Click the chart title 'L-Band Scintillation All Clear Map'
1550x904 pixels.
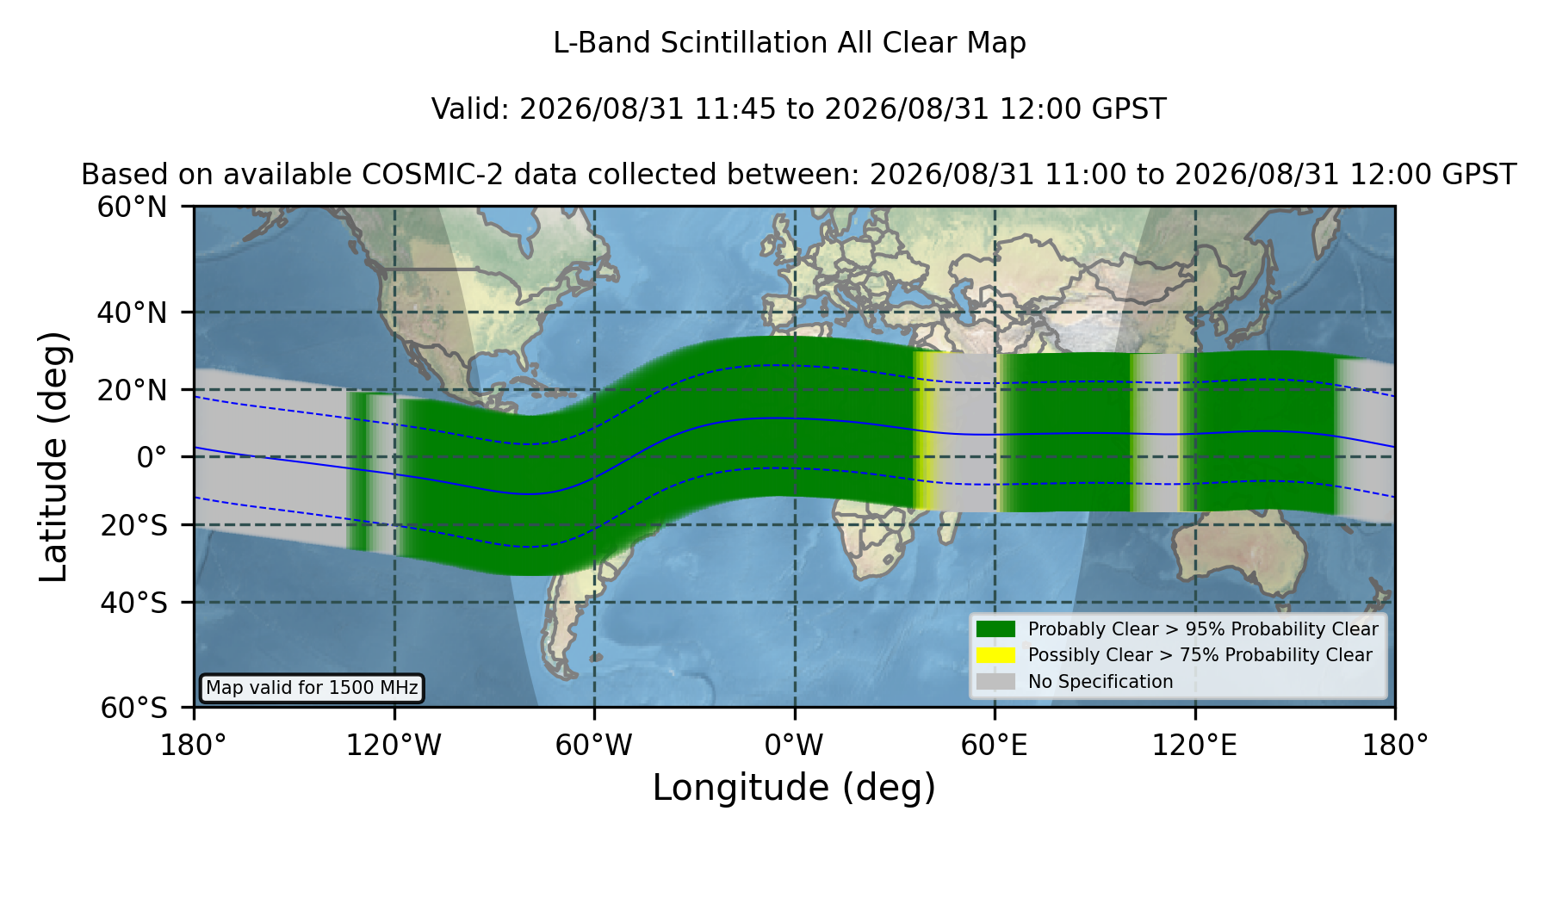tap(789, 43)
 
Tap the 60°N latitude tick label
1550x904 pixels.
tap(133, 207)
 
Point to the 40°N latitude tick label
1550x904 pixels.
tap(133, 313)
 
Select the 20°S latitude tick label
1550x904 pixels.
tap(134, 525)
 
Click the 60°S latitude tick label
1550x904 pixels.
tap(134, 709)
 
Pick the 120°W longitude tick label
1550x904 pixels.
tap(394, 746)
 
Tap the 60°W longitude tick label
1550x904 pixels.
tap(593, 746)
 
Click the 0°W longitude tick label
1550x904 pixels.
tap(794, 746)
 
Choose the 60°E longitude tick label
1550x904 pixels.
tap(995, 746)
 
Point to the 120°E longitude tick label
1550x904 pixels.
tap(1194, 746)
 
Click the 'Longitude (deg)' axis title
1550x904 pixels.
tap(794, 788)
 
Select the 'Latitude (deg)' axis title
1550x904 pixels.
tap(54, 456)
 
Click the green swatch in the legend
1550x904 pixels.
tap(996, 629)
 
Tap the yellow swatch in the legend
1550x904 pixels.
tap(996, 655)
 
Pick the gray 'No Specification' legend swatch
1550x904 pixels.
tap(996, 682)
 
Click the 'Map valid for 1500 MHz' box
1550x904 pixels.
tap(312, 688)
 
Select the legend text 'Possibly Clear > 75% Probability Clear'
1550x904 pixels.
tap(1200, 655)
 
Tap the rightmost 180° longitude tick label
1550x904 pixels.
tap(1395, 746)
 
